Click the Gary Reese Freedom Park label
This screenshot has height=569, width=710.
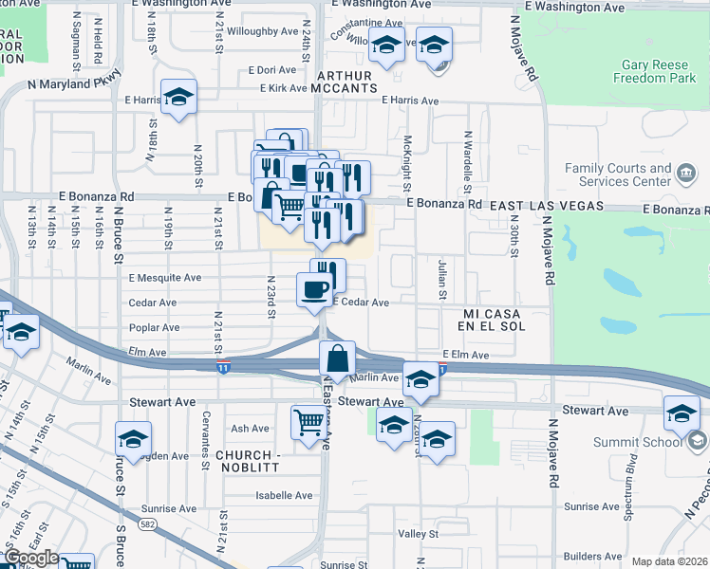(x=654, y=73)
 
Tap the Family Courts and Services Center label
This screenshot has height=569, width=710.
(x=618, y=174)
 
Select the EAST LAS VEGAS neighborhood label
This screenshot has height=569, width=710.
(x=546, y=205)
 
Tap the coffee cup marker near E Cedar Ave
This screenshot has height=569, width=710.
(x=314, y=289)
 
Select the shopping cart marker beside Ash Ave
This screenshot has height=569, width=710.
(x=309, y=421)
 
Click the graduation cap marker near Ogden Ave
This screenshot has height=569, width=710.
(x=134, y=438)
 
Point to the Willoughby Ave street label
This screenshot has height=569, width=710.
(x=262, y=31)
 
